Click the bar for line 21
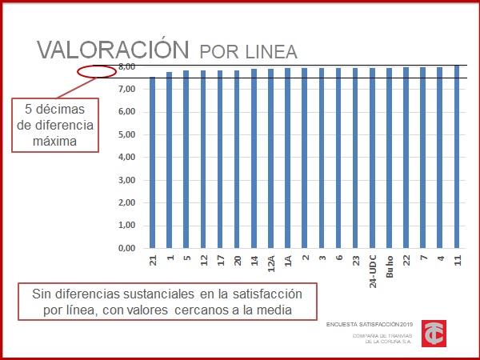coord(153,162)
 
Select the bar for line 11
coord(457,157)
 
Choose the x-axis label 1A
coord(287,260)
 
